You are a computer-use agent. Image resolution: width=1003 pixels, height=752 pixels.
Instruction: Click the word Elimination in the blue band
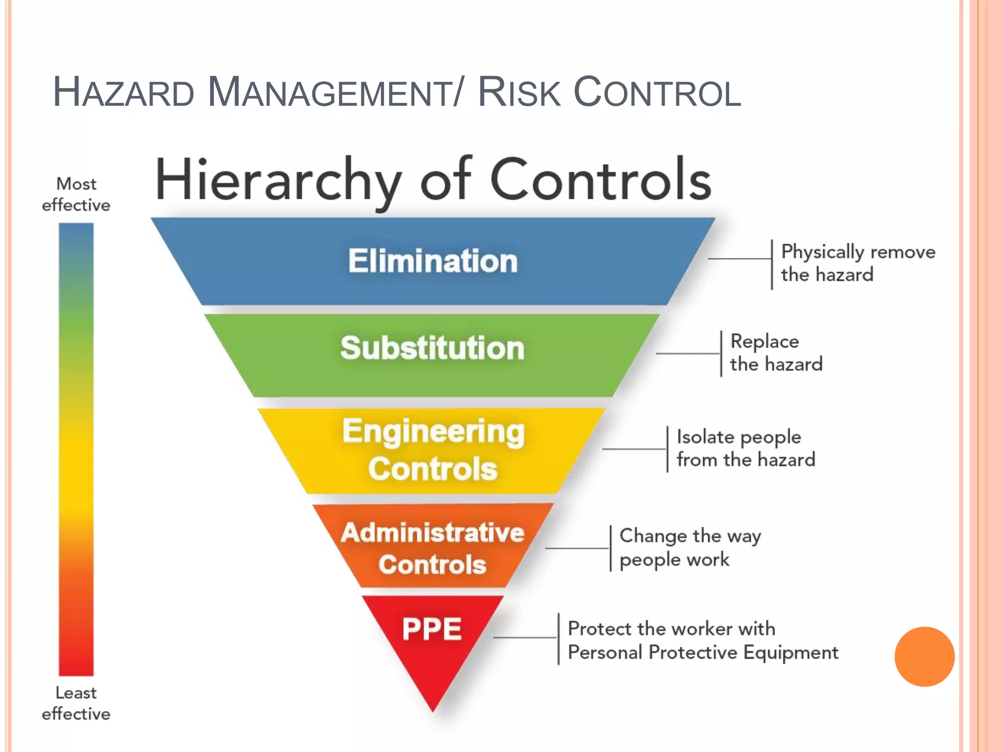[x=433, y=261]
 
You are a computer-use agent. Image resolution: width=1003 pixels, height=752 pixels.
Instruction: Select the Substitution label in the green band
[x=432, y=348]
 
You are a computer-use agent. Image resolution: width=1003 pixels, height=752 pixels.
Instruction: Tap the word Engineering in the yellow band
[x=433, y=432]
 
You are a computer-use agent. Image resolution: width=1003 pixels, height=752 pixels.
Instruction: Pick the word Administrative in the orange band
[x=433, y=533]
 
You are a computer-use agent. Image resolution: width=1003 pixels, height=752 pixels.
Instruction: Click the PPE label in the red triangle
[x=432, y=629]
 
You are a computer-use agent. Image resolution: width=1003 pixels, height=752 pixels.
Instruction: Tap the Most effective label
[x=76, y=194]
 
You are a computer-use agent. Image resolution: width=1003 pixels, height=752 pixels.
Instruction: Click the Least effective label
[x=76, y=703]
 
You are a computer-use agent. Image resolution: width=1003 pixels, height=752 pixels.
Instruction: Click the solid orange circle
[x=924, y=657]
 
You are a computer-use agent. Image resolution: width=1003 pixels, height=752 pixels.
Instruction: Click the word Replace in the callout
[x=764, y=342]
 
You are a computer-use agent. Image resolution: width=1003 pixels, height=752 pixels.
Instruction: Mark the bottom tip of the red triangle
[x=433, y=710]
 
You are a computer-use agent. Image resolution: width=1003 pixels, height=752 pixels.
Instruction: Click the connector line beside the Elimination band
[x=740, y=259]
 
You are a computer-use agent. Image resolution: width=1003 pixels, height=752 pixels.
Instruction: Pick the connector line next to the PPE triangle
[x=525, y=638]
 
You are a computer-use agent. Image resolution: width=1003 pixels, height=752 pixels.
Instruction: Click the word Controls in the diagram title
[x=600, y=180]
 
